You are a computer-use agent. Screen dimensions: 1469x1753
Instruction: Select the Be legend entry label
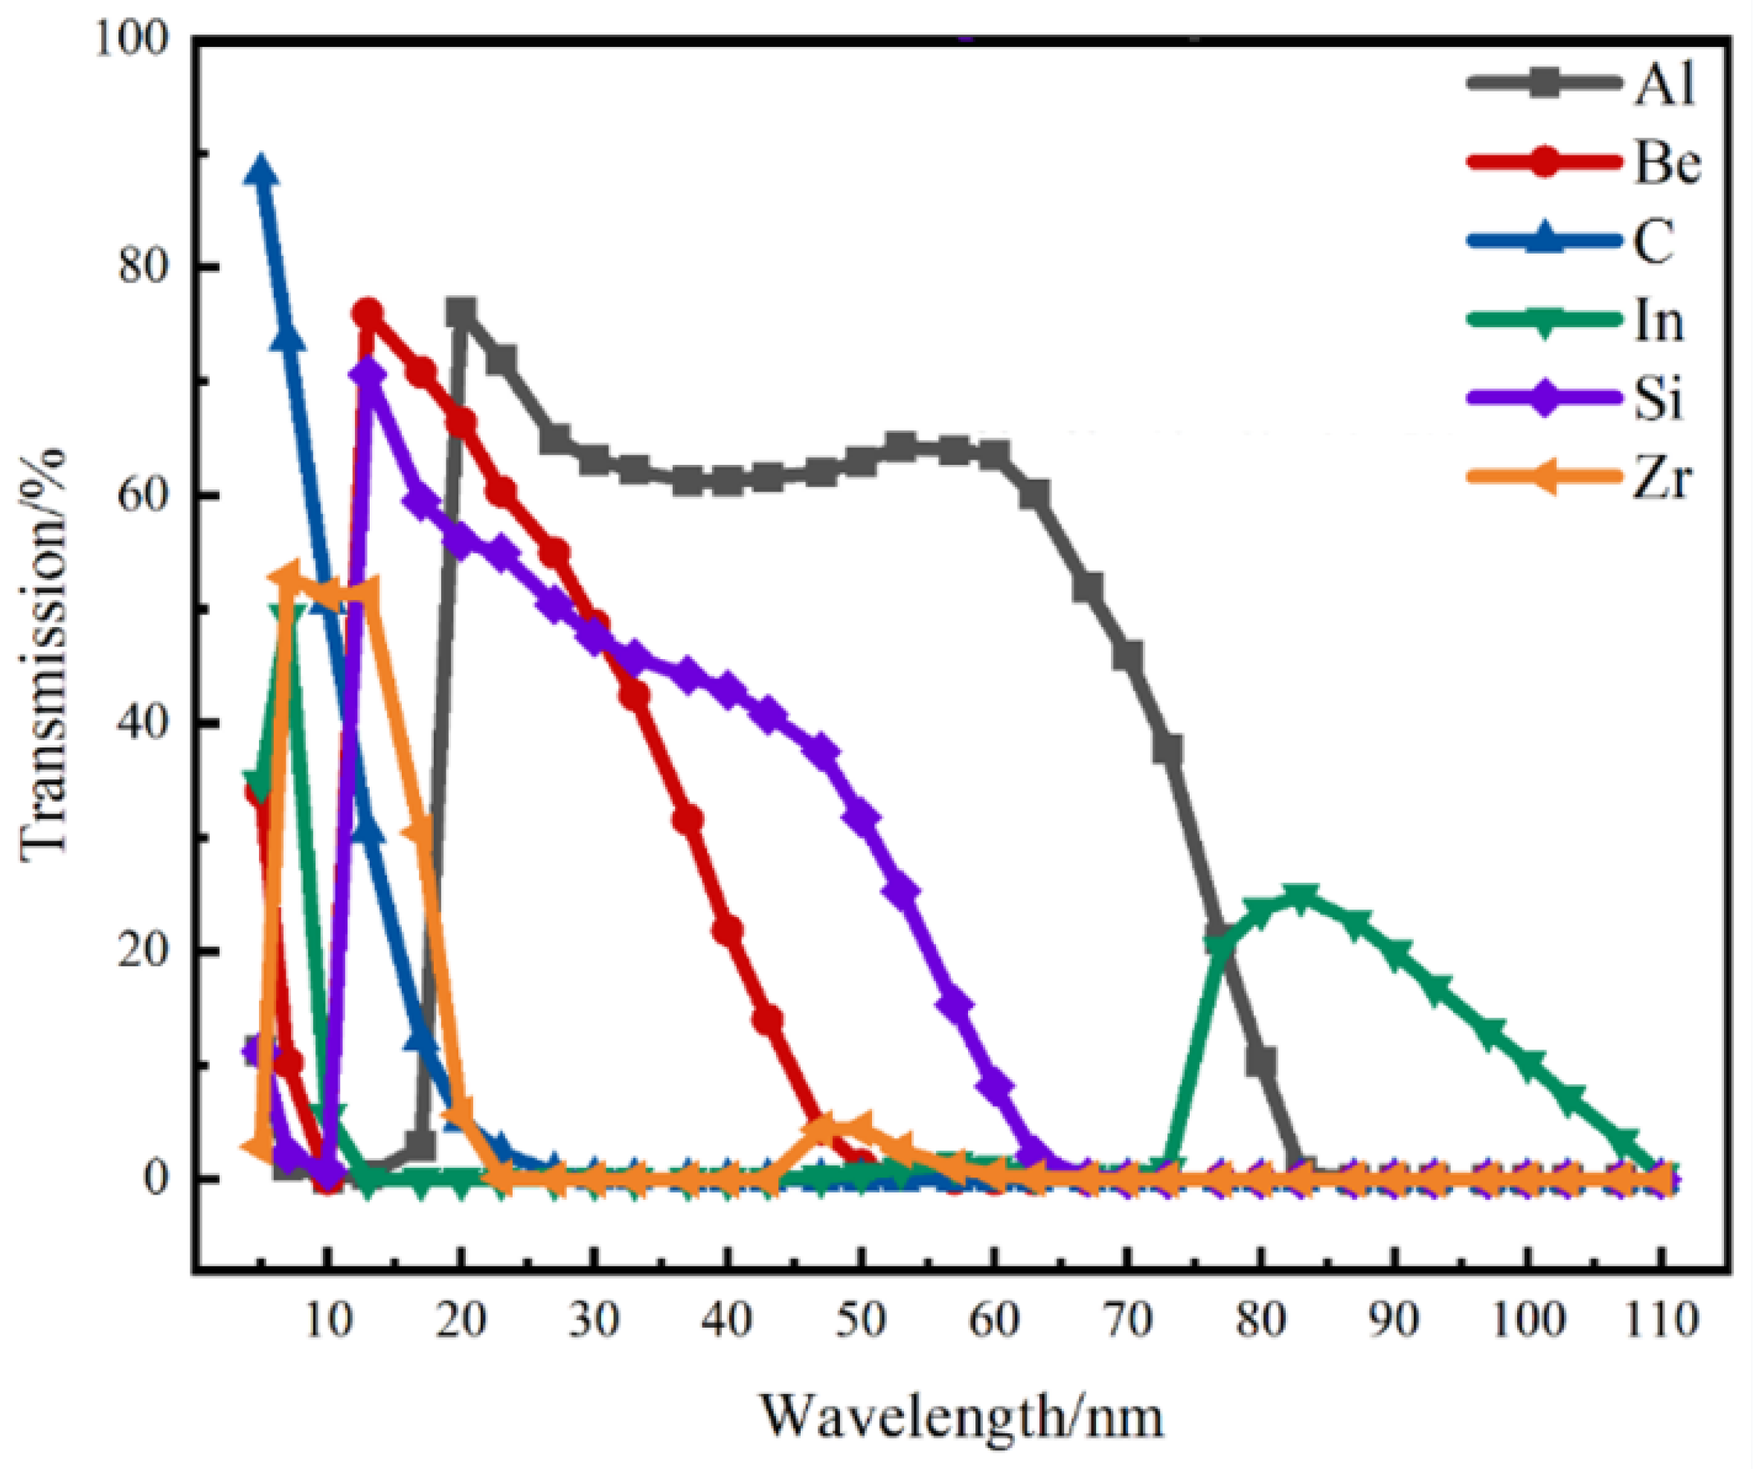[1666, 164]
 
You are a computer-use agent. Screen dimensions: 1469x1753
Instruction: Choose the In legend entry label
[1658, 321]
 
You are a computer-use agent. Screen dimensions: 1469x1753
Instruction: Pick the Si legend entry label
[1657, 399]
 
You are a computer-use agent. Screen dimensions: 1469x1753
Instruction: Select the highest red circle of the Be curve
[368, 314]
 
